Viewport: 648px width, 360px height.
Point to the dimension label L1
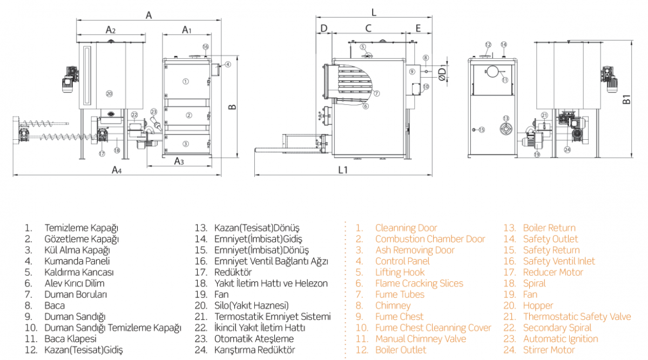342,169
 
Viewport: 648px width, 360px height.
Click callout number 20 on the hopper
109,93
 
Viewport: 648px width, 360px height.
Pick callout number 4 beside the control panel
228,64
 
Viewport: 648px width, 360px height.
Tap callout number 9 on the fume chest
411,71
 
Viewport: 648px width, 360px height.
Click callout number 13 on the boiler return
506,118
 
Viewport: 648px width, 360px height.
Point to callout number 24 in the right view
567,150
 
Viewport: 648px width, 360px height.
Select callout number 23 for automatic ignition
153,112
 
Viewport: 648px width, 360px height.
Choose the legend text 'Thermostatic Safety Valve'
577,317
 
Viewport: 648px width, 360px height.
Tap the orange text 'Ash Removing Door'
415,250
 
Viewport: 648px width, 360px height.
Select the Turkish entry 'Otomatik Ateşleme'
254,339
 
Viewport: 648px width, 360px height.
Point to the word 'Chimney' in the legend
393,305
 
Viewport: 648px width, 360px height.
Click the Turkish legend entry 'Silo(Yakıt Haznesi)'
251,305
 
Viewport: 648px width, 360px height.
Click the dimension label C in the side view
368,28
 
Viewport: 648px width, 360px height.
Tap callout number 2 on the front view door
188,115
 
